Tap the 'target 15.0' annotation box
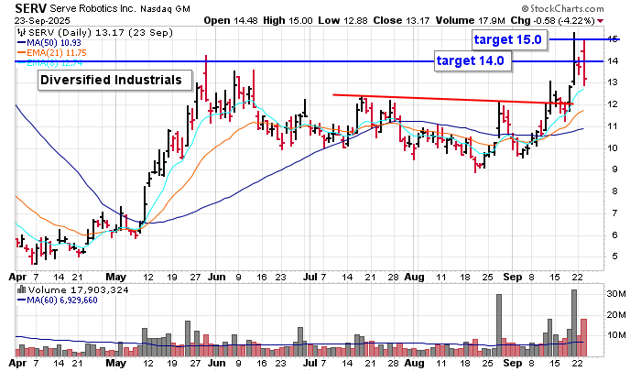510,39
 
